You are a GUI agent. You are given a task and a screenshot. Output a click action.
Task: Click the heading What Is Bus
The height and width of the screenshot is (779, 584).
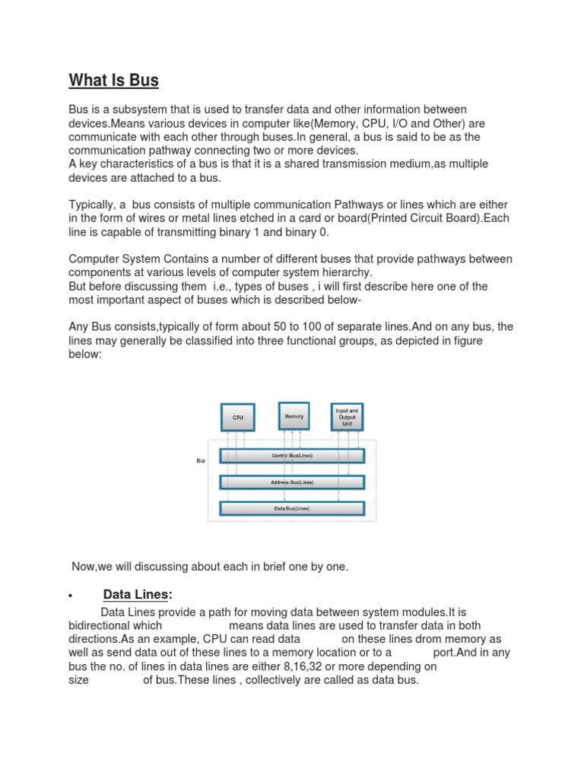pos(114,80)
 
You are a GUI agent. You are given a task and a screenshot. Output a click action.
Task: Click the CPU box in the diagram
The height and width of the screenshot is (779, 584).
pos(236,417)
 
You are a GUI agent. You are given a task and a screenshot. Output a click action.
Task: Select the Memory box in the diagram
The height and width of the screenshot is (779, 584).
pos(294,416)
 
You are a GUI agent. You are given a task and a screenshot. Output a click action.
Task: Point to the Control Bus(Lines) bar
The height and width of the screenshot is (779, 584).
pos(292,456)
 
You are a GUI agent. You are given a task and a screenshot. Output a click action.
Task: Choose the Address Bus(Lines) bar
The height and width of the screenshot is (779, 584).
pos(292,482)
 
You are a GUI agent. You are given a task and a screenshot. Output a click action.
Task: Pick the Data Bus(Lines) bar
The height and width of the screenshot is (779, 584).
pos(292,508)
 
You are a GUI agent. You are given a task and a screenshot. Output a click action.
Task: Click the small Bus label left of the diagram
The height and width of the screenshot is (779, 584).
pos(201,460)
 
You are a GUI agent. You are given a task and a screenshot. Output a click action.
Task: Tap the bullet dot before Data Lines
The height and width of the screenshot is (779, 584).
pos(70,596)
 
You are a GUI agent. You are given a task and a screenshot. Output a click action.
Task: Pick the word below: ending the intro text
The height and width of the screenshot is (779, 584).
pos(84,355)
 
